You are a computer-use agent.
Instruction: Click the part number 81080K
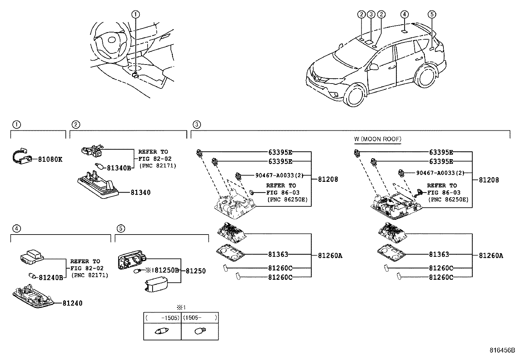pos(50,160)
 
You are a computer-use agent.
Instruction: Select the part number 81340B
pos(119,168)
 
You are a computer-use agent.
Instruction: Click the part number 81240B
pos(51,277)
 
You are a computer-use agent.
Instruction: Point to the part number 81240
pos(72,303)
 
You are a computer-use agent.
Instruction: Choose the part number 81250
pos(196,271)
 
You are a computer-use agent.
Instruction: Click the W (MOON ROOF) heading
pos(377,139)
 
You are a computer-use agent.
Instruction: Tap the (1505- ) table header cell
pos(200,318)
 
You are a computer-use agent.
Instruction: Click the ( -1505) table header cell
pos(162,318)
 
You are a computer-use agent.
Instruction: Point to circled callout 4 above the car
pos(404,14)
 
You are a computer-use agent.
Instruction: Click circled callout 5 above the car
pos(432,14)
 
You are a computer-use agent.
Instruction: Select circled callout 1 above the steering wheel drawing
pos(135,14)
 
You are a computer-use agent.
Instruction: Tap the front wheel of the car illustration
pos(355,95)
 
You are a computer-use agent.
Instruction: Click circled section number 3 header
pos(196,124)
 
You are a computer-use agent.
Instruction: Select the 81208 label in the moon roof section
pos(489,180)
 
